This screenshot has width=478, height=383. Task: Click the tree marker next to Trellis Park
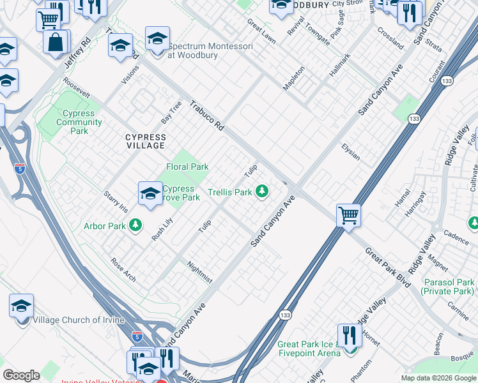261,190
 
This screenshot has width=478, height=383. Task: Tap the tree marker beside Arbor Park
135,225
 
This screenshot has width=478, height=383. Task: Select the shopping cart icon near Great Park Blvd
349,215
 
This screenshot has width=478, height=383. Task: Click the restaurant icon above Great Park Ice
349,334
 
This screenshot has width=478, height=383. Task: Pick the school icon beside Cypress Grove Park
150,193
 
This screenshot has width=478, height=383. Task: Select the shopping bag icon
56,42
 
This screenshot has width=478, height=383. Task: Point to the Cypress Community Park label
79,122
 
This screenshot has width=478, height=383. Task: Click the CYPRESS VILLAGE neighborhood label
145,141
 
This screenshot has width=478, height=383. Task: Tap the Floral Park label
187,167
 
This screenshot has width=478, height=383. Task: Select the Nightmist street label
200,271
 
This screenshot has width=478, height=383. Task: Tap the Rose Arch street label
123,269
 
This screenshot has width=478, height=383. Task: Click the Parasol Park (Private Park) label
449,286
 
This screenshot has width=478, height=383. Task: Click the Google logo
22,375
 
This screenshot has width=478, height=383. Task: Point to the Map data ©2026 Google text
438,378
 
